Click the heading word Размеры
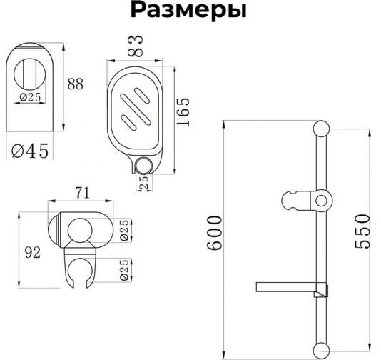[x=188, y=12]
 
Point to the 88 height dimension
[x=75, y=84]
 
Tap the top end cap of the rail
[x=321, y=129]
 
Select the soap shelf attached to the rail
[x=289, y=288]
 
